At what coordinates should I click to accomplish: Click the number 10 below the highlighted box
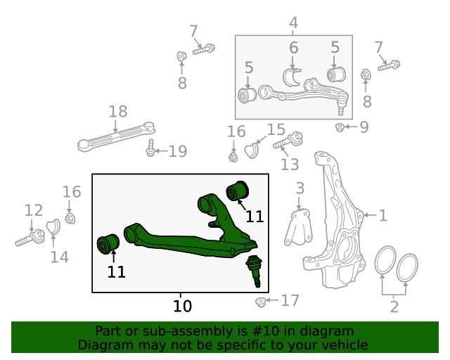[182, 306]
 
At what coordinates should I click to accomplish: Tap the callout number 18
[118, 111]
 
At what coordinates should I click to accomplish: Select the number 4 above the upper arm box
[293, 23]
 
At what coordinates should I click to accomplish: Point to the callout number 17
[290, 301]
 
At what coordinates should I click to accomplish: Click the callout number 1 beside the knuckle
[382, 215]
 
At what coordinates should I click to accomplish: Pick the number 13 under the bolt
[290, 164]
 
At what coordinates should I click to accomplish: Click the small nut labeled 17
[260, 302]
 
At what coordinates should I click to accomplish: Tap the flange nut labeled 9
[339, 127]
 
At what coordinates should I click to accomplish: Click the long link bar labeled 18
[116, 136]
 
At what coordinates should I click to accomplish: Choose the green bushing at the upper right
[238, 191]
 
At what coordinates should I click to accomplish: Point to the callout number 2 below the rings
[394, 306]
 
